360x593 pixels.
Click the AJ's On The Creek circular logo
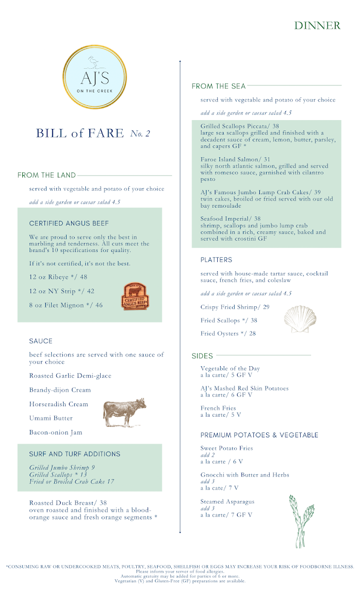(93, 77)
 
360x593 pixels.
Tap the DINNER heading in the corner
(317, 25)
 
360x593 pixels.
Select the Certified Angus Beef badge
(136, 296)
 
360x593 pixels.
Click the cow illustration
(124, 412)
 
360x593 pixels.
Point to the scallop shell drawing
(299, 319)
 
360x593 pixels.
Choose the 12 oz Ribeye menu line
(58, 277)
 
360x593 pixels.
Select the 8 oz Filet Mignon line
(66, 305)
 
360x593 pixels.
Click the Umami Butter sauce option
(51, 418)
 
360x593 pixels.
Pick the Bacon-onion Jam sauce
(56, 432)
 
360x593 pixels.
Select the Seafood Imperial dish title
(230, 218)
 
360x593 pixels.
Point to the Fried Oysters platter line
(228, 334)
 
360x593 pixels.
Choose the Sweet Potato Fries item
(227, 448)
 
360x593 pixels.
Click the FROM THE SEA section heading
(218, 86)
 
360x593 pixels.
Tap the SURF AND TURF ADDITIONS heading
(75, 454)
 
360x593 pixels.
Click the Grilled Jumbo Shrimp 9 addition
(62, 467)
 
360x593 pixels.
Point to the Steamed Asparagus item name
(228, 502)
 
